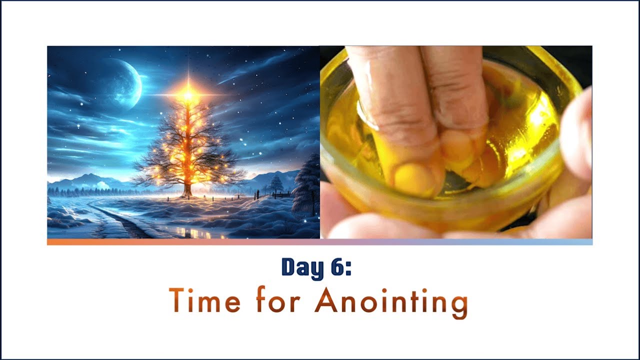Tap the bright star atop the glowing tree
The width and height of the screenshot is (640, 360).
[188, 94]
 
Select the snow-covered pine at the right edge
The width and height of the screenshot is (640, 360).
[307, 187]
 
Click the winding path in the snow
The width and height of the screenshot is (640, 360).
[120, 220]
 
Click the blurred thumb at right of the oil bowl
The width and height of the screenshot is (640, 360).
[577, 135]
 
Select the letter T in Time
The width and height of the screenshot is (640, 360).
[177, 300]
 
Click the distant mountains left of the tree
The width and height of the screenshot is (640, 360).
[90, 181]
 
